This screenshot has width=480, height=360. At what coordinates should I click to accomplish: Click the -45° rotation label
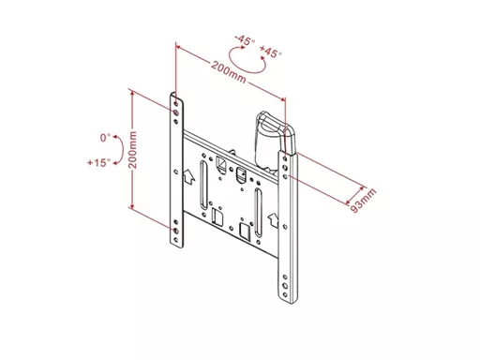point(245,40)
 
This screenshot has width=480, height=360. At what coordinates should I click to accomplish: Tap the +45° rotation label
point(271,52)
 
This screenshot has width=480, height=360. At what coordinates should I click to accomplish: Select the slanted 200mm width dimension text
point(229,72)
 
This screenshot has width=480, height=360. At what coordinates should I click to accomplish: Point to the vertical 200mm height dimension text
point(133,150)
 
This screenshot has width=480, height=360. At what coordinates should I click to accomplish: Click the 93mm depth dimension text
point(363,201)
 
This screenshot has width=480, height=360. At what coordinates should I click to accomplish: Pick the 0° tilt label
point(105,138)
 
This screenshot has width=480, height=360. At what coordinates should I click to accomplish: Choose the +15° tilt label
point(98,162)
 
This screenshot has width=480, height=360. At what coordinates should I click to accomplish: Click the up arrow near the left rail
point(189,176)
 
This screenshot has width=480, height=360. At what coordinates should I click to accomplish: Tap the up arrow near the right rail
point(273,220)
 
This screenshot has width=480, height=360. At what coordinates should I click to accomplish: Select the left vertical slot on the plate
point(203,185)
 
